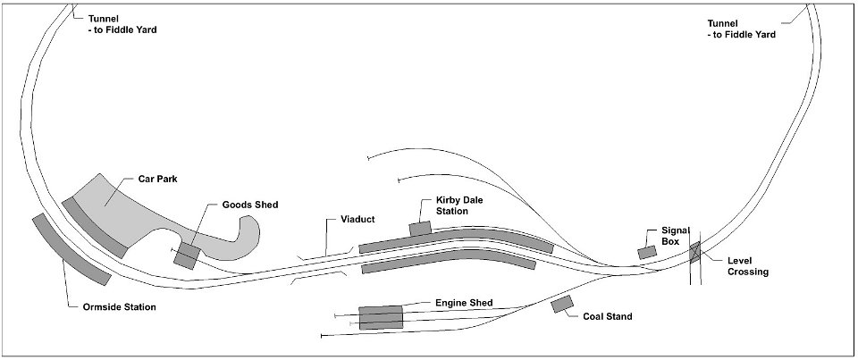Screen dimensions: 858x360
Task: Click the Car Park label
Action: (157, 179)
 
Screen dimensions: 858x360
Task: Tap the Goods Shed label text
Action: (250, 205)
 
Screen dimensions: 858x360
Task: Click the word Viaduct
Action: (357, 220)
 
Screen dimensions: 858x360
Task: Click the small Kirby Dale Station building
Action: (420, 228)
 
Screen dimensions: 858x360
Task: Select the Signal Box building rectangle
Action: (647, 252)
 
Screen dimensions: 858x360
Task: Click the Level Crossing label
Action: (748, 266)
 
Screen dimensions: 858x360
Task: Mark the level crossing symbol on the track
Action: (695, 252)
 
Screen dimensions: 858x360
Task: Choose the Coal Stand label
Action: (608, 316)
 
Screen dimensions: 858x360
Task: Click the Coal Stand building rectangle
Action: (562, 304)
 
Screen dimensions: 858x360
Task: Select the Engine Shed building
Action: (381, 317)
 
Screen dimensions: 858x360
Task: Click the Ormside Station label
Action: (119, 307)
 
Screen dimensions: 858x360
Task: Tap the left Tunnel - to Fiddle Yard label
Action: (122, 24)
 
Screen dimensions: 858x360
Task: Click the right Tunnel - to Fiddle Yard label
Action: (742, 29)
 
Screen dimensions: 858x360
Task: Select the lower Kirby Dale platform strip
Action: (449, 261)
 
